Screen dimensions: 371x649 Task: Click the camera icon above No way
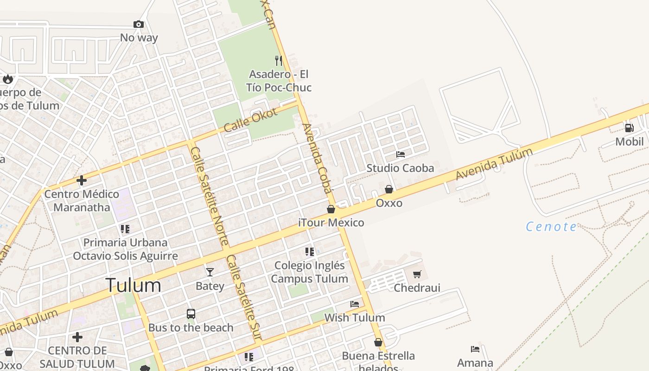tap(138, 25)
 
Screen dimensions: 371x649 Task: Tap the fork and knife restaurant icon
tap(279, 60)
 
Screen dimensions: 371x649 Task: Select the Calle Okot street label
tap(250, 120)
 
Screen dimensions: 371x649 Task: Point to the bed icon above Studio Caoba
tap(401, 154)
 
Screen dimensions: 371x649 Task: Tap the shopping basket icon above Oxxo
tap(389, 189)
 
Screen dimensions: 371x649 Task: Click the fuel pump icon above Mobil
tap(629, 128)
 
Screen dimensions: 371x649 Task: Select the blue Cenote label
tap(551, 227)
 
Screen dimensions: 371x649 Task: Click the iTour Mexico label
tap(331, 223)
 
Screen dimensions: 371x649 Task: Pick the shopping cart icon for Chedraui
tap(417, 274)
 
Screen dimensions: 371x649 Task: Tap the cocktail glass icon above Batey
tap(210, 272)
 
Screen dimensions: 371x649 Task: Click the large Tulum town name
tap(134, 285)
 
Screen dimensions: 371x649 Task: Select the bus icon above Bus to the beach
tap(191, 314)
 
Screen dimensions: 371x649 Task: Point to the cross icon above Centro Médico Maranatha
tap(82, 180)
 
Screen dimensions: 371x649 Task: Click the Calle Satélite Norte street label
tap(210, 196)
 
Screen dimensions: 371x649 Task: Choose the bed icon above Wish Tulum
tap(355, 304)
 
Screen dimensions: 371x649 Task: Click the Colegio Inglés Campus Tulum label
tap(310, 272)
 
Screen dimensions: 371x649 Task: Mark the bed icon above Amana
tap(475, 349)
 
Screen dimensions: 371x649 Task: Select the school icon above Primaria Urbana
tap(125, 229)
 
